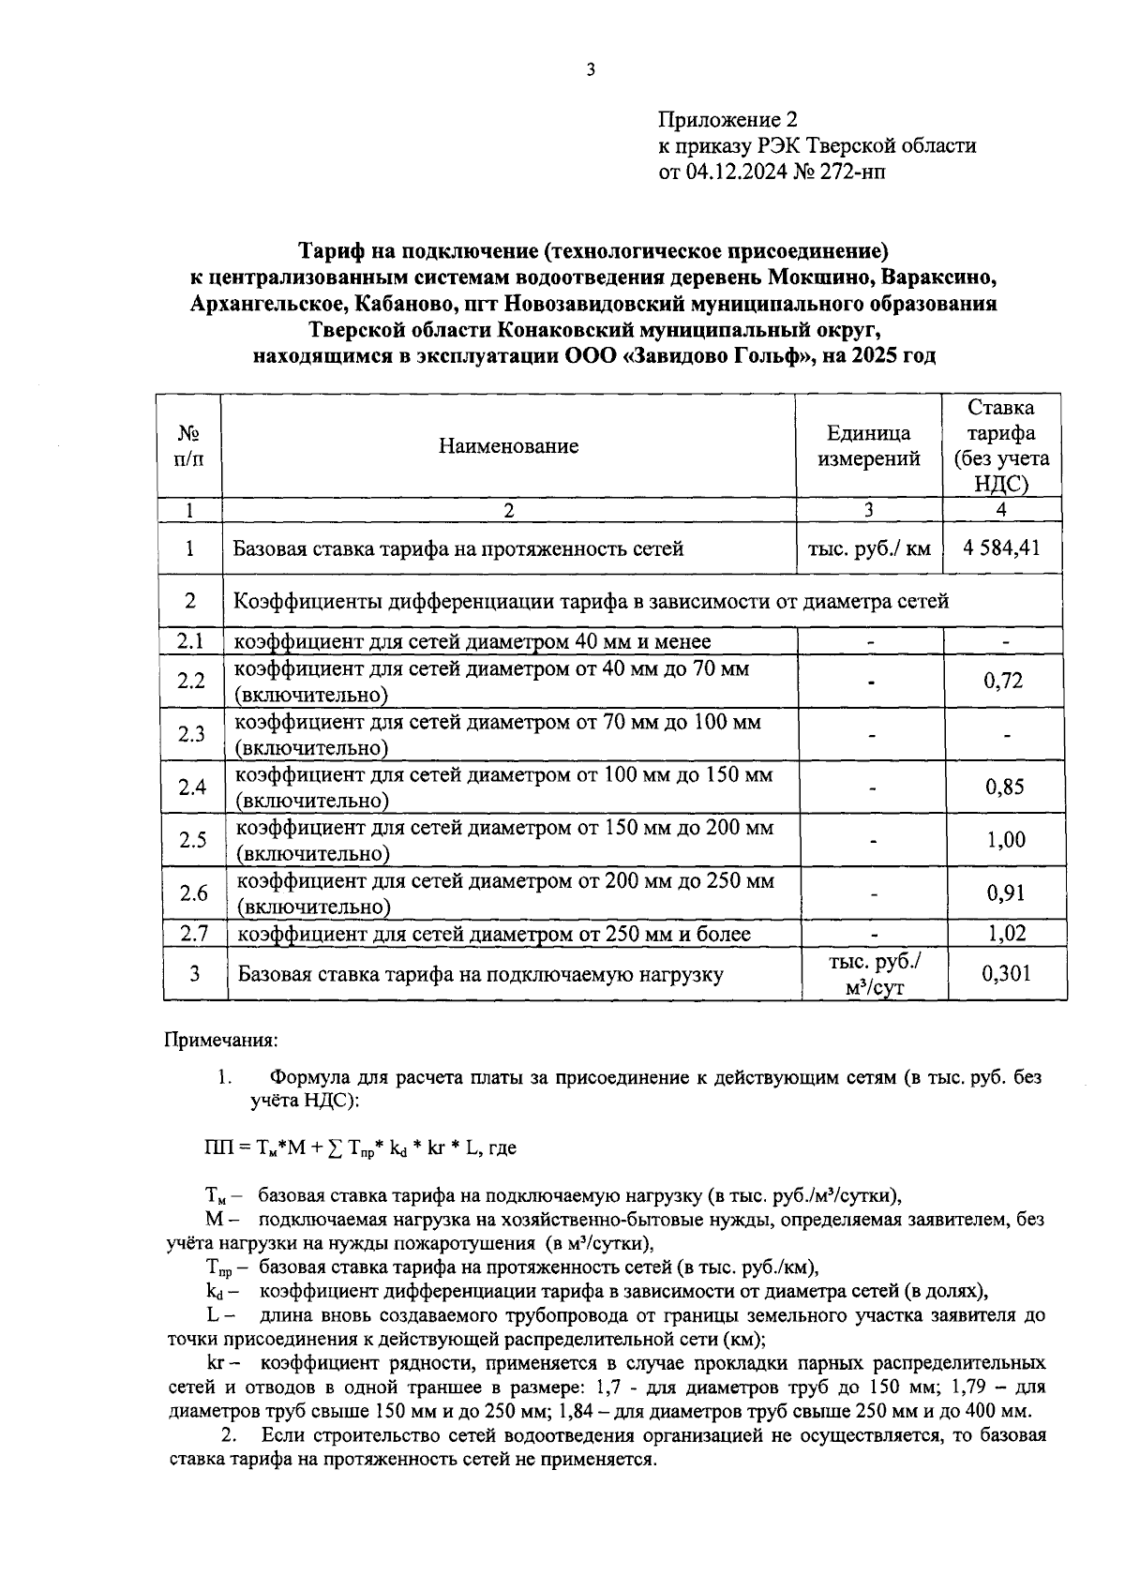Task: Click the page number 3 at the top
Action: click(x=590, y=69)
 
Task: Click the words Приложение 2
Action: click(x=727, y=120)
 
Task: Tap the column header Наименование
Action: click(x=508, y=446)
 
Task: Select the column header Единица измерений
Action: click(x=868, y=446)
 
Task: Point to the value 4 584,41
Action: click(x=1000, y=547)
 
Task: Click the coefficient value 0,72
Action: click(x=1003, y=681)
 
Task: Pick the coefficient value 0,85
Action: click(x=1005, y=787)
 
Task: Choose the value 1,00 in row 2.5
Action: click(x=1006, y=840)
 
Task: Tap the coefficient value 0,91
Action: click(x=1006, y=892)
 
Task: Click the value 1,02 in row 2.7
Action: click(x=1006, y=934)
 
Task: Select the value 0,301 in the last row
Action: click(x=1006, y=973)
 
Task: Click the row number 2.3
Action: click(x=191, y=734)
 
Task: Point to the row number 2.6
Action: click(x=194, y=892)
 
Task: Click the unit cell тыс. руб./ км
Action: click(x=868, y=548)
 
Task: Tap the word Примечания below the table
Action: click(x=221, y=1040)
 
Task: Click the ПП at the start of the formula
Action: click(x=216, y=1147)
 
